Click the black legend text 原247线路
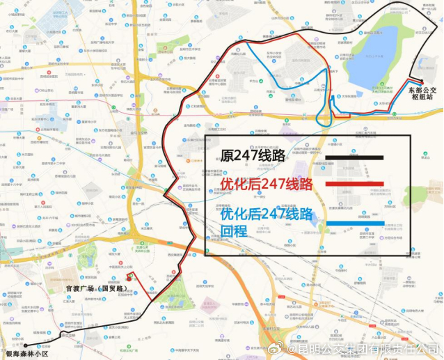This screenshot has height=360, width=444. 253,157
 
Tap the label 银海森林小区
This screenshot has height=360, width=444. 27,353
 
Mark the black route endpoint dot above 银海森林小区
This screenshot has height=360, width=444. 24,345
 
